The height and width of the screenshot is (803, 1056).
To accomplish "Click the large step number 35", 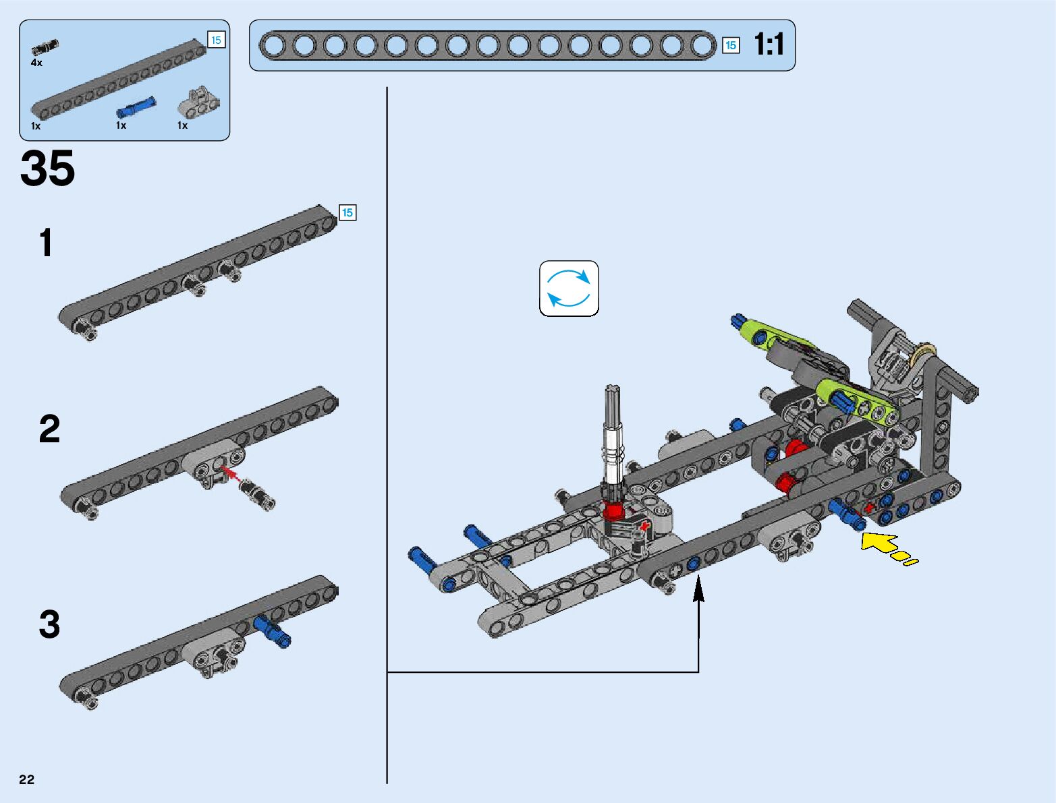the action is [x=47, y=169].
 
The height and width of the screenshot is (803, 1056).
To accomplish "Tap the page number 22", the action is [x=26, y=779].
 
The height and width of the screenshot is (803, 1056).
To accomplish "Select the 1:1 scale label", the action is [x=769, y=44].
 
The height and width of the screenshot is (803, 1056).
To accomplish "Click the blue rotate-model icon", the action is [x=569, y=289].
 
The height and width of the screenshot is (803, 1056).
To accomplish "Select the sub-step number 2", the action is [x=49, y=429].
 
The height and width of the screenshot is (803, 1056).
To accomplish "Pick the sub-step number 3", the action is [x=49, y=624].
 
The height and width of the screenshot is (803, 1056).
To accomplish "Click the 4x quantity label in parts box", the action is [x=36, y=63].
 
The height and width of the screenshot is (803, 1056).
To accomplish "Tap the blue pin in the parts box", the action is [x=136, y=107].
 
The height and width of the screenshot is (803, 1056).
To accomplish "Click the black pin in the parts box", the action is [x=45, y=47].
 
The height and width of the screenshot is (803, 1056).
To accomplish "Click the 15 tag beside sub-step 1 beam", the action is [x=347, y=212].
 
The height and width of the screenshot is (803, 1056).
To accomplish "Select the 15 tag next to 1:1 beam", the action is [x=730, y=45].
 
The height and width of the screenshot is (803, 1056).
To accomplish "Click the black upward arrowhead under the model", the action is [x=699, y=587].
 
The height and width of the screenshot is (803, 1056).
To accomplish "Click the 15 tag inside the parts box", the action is [x=216, y=40].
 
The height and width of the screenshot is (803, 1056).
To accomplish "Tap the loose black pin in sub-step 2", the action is [x=258, y=493].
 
